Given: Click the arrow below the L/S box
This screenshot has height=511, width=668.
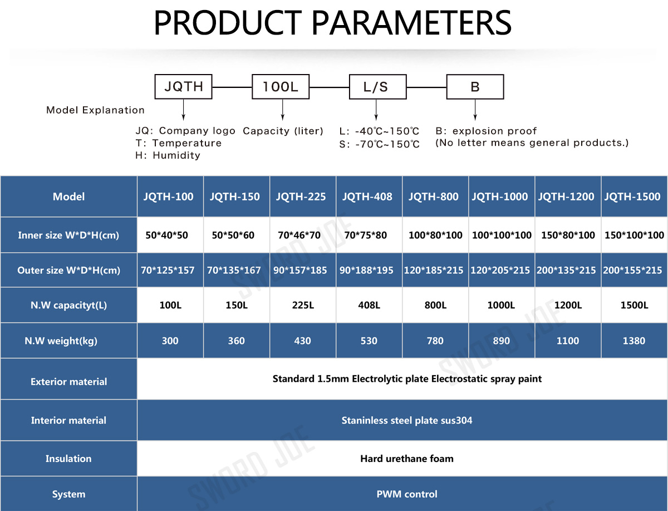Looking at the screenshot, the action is [376, 110].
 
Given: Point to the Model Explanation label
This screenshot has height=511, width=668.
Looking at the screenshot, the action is [95, 110].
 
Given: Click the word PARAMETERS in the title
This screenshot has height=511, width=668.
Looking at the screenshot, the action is [411, 23].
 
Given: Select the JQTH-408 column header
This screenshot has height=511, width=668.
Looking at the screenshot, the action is [367, 196].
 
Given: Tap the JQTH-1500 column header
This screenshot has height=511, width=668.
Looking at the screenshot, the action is [632, 196].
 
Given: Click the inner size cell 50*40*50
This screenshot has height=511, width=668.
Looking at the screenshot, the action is [167, 235].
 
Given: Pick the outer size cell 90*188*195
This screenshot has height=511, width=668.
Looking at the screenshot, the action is [366, 270].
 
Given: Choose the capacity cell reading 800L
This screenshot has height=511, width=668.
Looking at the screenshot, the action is [435, 305].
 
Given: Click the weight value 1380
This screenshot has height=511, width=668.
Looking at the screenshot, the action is [634, 341].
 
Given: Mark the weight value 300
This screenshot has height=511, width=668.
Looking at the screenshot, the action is [170, 341].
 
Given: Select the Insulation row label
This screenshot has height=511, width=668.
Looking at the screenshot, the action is [68, 459].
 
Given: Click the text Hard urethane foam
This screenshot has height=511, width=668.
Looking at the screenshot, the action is [407, 459].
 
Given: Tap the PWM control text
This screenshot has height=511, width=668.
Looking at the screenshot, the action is [407, 494].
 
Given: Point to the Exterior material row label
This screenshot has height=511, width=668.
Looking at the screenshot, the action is [69, 382].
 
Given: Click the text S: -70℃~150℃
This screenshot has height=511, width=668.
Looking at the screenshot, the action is [380, 144].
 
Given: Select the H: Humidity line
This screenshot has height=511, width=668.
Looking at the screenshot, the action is [168, 155].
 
